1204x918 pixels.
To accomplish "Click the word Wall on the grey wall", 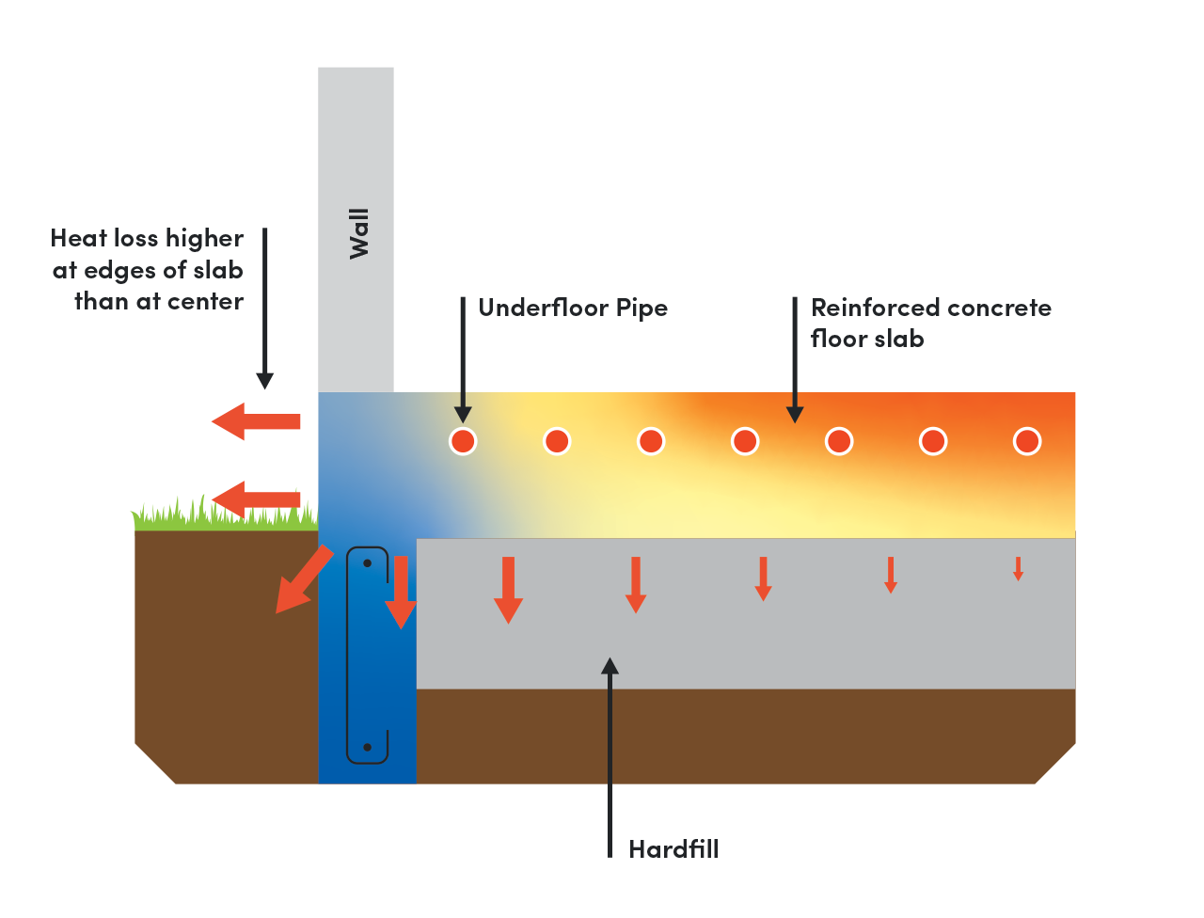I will click(x=358, y=233).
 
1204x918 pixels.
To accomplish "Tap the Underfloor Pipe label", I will click(x=573, y=309).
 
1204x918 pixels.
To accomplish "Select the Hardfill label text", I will click(x=673, y=849).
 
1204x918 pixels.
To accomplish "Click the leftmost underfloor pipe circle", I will click(x=463, y=441).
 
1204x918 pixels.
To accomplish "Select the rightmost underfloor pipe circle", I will click(x=1027, y=441).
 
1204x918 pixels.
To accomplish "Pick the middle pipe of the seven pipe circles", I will click(x=745, y=441).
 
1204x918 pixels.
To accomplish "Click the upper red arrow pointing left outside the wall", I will click(x=255, y=421).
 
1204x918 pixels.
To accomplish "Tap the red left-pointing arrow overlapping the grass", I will click(x=255, y=499).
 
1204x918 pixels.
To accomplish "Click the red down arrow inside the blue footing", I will click(x=401, y=592).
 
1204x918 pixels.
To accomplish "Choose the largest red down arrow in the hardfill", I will click(x=508, y=590).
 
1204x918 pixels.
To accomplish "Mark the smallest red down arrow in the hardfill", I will click(x=1018, y=569).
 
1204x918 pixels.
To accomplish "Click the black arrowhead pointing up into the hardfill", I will click(x=610, y=667).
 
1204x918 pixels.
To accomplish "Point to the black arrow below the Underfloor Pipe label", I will click(x=463, y=361).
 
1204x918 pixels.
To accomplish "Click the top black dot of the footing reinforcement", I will click(x=368, y=563).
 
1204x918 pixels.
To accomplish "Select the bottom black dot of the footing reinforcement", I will click(x=368, y=748).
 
